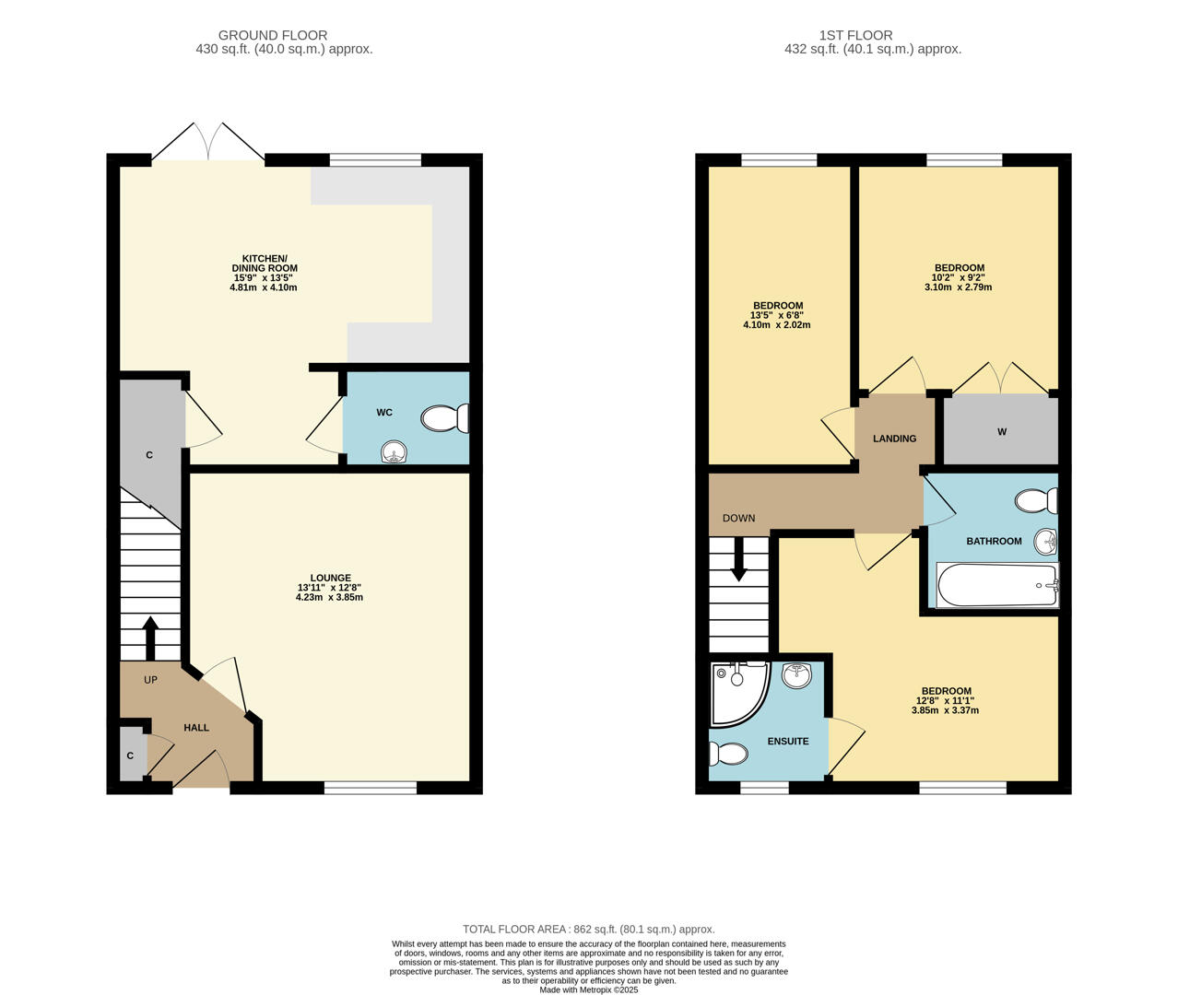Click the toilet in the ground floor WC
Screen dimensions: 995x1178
tap(444, 419)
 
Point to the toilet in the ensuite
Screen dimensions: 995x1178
tap(728, 755)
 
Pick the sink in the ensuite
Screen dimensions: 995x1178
tap(796, 675)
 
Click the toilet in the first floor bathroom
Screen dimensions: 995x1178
tap(1036, 501)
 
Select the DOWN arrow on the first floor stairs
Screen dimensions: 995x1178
tap(738, 560)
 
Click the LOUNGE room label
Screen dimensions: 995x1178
tap(330, 579)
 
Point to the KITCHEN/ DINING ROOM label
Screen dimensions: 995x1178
tap(265, 263)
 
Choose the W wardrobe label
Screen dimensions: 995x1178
tap(1002, 432)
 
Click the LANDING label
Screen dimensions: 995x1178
tap(894, 439)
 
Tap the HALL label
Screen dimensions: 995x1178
tap(196, 728)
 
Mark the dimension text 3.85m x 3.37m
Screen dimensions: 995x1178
tap(945, 710)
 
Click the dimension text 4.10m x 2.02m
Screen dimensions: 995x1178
tap(777, 325)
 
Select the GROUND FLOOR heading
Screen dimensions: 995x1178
tap(273, 36)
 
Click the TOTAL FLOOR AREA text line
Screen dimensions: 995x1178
tap(588, 930)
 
